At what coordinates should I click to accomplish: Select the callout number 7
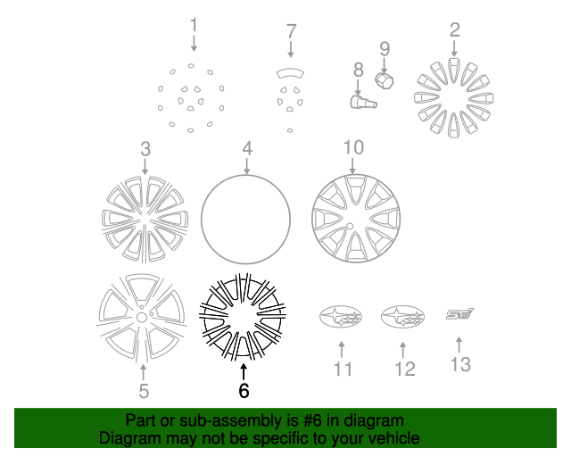[290, 31]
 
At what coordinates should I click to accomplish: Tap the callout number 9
[385, 48]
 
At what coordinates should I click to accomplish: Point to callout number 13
[459, 364]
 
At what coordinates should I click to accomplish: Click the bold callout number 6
[244, 390]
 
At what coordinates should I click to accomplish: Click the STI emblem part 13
[460, 313]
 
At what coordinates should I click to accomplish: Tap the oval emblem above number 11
[340, 317]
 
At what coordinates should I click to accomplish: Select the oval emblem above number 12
[403, 317]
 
